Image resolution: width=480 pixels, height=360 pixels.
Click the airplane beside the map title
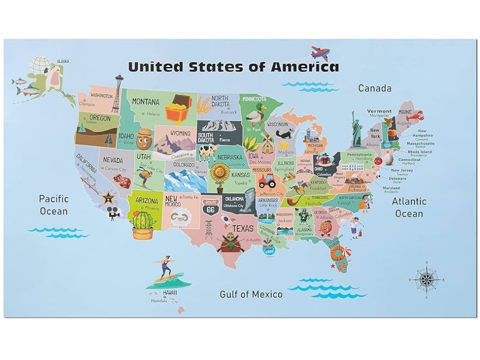(320, 53)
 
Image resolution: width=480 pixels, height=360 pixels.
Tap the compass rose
(427, 280)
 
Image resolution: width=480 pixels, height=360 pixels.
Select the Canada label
(374, 88)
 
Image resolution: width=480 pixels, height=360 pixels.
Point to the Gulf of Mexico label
(251, 294)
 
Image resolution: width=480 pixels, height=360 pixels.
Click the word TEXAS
(243, 229)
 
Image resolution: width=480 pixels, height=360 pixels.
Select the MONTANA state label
(146, 101)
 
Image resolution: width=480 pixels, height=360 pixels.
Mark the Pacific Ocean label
(53, 205)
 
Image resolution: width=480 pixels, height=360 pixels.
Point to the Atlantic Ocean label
(409, 207)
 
